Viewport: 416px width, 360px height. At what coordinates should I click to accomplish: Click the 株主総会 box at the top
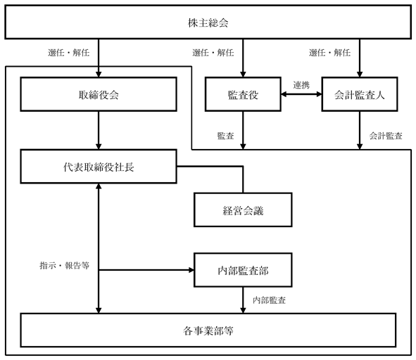[x=208, y=22]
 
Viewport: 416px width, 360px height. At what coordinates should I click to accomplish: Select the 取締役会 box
[x=99, y=94]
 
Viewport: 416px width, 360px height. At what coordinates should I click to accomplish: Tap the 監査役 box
[x=243, y=94]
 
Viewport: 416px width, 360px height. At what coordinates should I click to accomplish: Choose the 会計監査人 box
[x=360, y=94]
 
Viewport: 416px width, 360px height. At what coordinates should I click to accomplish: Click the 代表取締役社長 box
[x=99, y=167]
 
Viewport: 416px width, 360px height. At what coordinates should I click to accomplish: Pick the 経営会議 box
[x=243, y=210]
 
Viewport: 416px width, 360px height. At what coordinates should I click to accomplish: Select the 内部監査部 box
[x=243, y=270]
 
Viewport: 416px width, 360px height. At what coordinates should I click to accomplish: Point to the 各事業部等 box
[x=208, y=330]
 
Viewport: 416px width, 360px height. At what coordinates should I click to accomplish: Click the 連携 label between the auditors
[x=301, y=85]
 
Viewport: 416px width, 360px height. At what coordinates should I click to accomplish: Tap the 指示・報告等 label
[x=65, y=265]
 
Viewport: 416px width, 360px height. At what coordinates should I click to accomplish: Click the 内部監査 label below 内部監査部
[x=269, y=300]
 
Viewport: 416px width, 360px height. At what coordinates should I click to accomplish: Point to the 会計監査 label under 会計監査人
[x=386, y=136]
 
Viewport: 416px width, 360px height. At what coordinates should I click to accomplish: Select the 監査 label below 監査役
[x=225, y=136]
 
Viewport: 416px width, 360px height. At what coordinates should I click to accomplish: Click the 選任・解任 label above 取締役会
[x=68, y=53]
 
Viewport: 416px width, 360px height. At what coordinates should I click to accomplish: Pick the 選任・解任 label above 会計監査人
[x=329, y=53]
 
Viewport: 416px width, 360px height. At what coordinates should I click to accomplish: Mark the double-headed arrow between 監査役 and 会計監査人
[x=301, y=94]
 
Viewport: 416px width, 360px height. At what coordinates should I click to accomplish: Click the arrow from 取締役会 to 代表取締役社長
[x=99, y=130]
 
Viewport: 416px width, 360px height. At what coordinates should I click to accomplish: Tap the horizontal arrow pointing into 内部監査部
[x=146, y=270]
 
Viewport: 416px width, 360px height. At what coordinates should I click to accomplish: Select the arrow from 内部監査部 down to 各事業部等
[x=243, y=300]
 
